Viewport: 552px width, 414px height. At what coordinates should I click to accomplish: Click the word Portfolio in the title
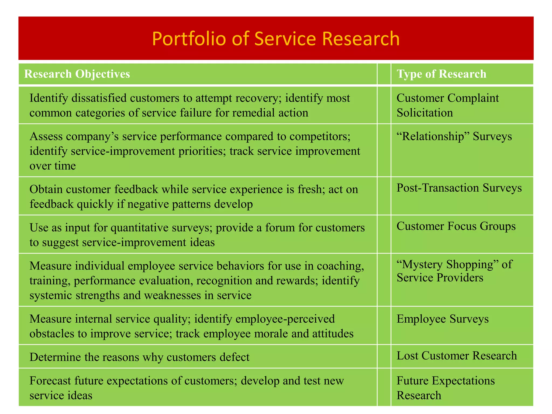189,39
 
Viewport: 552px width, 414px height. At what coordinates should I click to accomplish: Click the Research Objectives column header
77,74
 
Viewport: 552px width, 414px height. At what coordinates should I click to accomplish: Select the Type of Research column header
441,74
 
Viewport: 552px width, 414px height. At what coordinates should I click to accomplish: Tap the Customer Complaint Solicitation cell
447,105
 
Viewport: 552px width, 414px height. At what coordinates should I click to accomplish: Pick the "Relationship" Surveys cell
454,136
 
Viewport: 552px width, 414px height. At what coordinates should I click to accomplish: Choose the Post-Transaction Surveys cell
459,188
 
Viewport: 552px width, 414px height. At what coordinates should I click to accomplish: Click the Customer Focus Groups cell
456,226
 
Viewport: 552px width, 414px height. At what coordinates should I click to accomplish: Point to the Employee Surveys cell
443,319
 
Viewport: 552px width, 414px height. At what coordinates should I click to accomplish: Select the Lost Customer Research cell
457,356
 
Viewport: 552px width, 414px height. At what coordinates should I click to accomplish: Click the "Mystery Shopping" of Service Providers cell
454,271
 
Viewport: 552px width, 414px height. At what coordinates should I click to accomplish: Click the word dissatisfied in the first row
98,98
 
